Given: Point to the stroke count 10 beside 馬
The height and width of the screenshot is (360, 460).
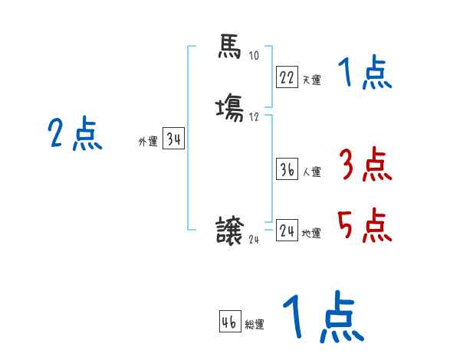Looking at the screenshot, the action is (x=254, y=56).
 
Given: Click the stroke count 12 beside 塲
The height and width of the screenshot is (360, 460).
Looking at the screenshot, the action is (x=254, y=116).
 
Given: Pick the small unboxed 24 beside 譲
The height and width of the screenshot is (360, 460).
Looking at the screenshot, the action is (x=255, y=239).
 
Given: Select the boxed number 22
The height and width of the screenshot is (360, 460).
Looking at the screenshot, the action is (x=287, y=77).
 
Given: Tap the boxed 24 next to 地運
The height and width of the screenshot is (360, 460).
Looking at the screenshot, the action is (x=287, y=231).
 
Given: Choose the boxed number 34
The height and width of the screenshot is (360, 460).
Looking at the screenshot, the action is (x=174, y=139).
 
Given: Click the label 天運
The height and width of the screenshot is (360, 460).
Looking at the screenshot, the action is (x=311, y=80).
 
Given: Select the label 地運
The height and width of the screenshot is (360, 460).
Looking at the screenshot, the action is (x=311, y=233).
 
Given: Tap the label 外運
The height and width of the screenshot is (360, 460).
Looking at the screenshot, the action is (x=147, y=142).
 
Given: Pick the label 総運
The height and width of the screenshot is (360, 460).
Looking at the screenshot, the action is (x=255, y=325).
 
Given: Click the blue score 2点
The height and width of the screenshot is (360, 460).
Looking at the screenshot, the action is (x=75, y=135).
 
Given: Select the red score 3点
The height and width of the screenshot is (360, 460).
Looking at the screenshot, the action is (x=365, y=165).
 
